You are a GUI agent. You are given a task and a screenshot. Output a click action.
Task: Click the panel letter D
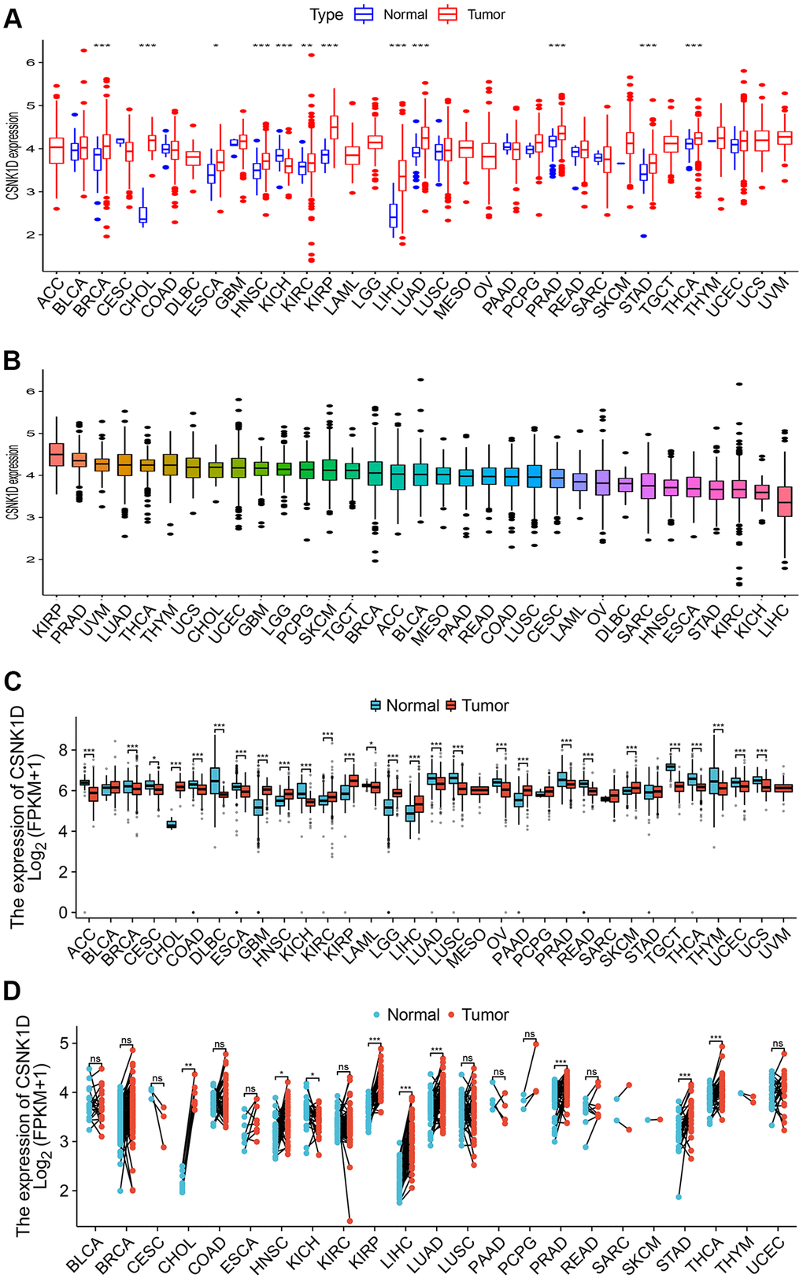click(13, 990)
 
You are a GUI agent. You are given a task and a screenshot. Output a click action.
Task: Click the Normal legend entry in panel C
click(406, 705)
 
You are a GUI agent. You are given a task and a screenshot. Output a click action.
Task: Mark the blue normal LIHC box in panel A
click(393, 215)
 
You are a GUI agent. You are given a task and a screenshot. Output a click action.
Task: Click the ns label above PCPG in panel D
click(529, 1035)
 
